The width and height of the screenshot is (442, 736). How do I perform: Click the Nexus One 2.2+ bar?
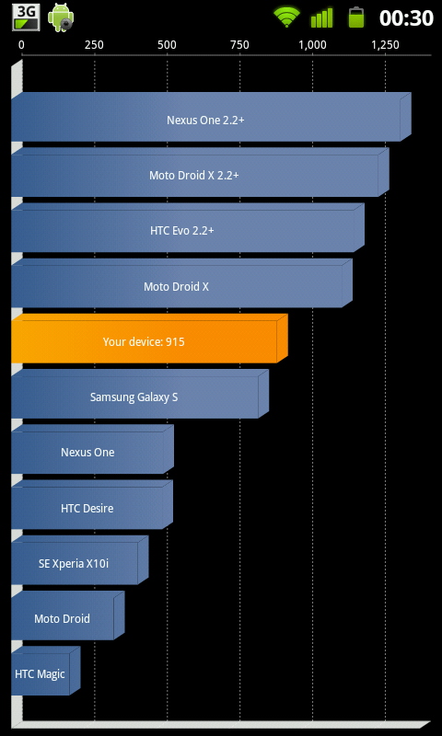tap(212, 117)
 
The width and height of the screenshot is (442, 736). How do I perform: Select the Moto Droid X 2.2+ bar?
tap(200, 172)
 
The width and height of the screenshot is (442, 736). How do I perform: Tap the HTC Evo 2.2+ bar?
tap(188, 227)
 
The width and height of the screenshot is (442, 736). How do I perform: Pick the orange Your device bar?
tap(149, 339)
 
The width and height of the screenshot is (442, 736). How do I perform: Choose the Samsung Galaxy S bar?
tap(140, 394)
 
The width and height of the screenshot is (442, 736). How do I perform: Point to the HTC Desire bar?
tap(92, 504)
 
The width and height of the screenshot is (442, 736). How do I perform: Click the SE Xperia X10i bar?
tap(80, 560)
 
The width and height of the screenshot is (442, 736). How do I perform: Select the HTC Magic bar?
tap(45, 671)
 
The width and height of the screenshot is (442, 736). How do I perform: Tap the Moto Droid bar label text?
tap(62, 618)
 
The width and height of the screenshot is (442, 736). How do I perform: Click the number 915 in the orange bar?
tap(175, 341)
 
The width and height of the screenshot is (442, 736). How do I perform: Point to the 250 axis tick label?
tap(94, 45)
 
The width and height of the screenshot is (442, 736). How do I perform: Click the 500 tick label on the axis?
tap(167, 45)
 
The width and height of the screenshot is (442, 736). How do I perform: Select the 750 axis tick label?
tap(239, 45)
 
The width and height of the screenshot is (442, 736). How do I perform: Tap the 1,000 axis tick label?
tap(312, 45)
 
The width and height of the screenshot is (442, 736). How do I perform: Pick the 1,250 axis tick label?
tap(385, 45)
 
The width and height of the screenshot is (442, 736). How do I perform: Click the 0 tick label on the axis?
tap(21, 45)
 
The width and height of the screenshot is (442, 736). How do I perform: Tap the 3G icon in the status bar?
tap(26, 17)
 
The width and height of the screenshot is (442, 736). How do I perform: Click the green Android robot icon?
tap(61, 17)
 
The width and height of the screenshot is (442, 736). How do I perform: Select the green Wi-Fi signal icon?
tap(287, 17)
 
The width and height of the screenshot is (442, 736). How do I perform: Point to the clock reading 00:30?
tap(406, 18)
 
